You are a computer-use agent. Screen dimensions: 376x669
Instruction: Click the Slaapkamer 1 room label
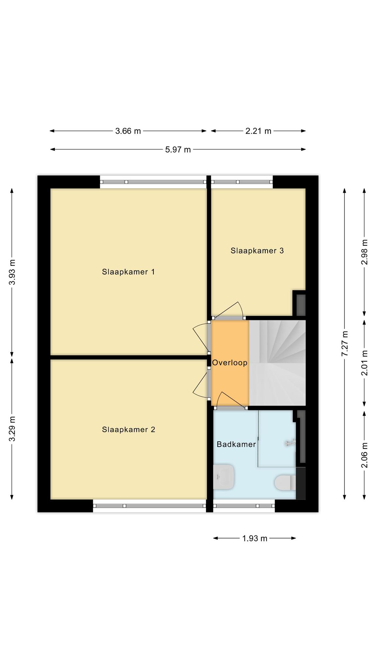pyautogui.click(x=128, y=272)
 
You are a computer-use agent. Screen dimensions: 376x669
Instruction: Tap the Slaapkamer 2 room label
pyautogui.click(x=128, y=430)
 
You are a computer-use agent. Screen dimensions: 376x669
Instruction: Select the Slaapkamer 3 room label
pyautogui.click(x=257, y=251)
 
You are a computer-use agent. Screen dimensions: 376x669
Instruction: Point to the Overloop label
pyautogui.click(x=230, y=363)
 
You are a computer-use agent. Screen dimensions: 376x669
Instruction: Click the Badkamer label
pyautogui.click(x=236, y=444)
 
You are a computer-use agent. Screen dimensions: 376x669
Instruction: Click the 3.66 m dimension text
pyautogui.click(x=128, y=131)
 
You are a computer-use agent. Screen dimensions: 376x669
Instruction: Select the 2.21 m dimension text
pyautogui.click(x=258, y=131)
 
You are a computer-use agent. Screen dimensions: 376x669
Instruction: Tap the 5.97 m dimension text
pyautogui.click(x=178, y=150)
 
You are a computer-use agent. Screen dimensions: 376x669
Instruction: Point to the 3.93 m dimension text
pyautogui.click(x=12, y=272)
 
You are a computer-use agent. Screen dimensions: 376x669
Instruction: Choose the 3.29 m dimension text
pyautogui.click(x=12, y=429)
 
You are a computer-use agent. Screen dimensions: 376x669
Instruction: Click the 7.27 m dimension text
pyautogui.click(x=345, y=344)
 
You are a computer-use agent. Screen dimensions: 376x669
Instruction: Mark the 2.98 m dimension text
pyautogui.click(x=365, y=252)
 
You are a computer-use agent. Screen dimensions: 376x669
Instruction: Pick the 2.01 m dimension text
pyautogui.click(x=365, y=363)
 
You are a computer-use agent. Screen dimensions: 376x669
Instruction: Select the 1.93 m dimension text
pyautogui.click(x=255, y=538)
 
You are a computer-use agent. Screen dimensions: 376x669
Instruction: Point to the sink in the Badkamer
pyautogui.click(x=224, y=477)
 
